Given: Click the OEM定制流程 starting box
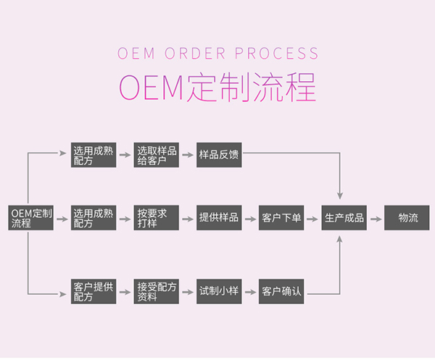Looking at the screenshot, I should click(x=31, y=218).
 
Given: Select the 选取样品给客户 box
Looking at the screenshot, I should click(x=157, y=156).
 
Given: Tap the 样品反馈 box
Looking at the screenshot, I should click(x=219, y=156).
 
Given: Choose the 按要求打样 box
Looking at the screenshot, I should click(x=157, y=218).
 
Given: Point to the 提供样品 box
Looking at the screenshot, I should click(x=219, y=218).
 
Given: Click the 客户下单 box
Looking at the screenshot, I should click(x=281, y=218).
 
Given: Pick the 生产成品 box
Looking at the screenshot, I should click(x=344, y=218).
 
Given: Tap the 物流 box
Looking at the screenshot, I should click(x=407, y=218).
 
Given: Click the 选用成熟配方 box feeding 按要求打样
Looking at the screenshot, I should click(x=94, y=218).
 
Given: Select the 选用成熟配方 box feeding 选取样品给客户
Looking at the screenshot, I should click(x=94, y=156).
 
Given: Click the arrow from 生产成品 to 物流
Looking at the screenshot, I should click(x=375, y=218).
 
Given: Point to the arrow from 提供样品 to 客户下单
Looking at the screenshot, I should click(x=250, y=218).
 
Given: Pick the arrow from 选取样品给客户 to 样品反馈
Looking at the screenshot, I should click(x=188, y=156).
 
